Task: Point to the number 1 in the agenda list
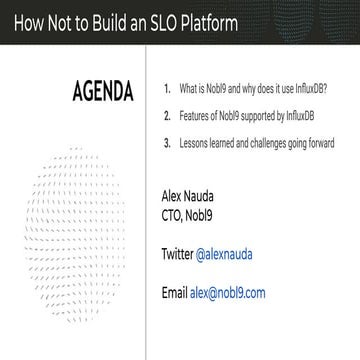[x=167, y=89]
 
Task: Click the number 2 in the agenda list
[x=167, y=116]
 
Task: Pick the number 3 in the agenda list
[x=167, y=143]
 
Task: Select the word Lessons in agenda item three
[x=194, y=143]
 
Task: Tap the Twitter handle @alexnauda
[x=224, y=255]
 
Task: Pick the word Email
[x=173, y=293]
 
